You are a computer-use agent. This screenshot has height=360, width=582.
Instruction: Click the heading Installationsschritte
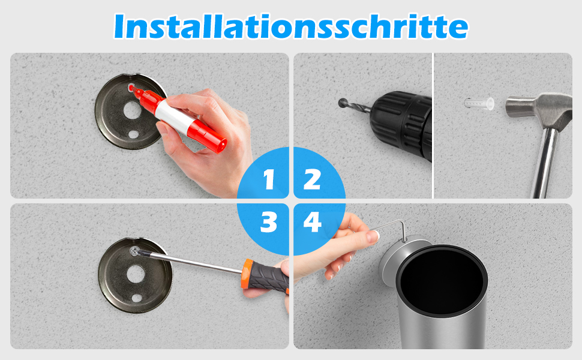pyautogui.click(x=290, y=27)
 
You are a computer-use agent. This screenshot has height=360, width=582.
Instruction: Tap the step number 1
pyautogui.click(x=269, y=179)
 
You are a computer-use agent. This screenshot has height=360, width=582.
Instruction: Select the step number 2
pyautogui.click(x=312, y=179)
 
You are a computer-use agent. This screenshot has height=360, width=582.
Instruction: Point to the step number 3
pyautogui.click(x=269, y=223)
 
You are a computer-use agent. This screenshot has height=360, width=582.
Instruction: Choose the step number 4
pyautogui.click(x=312, y=223)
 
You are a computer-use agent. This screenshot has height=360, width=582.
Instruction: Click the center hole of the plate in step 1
pyautogui.click(x=132, y=110)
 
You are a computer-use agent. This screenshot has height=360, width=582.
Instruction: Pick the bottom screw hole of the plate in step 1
pyautogui.click(x=133, y=134)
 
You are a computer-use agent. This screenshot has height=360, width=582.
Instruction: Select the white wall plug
pyautogui.click(x=479, y=104)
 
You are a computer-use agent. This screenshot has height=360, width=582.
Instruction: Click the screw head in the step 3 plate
pyautogui.click(x=135, y=251)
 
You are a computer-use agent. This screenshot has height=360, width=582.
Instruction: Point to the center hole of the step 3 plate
pyautogui.click(x=135, y=274)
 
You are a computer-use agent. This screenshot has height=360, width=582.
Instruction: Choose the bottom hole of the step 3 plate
pyautogui.click(x=137, y=298)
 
